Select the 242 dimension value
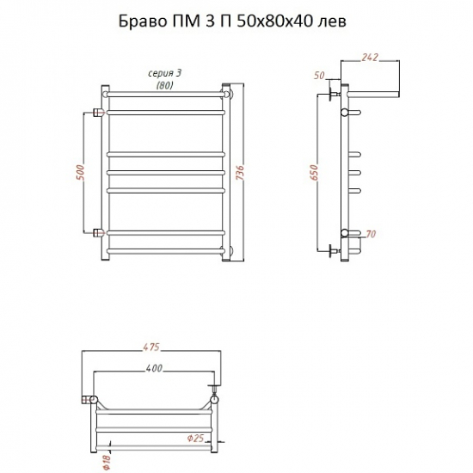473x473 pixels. pyautogui.click(x=370, y=58)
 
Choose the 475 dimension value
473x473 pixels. pyautogui.click(x=151, y=348)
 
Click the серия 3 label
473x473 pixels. pyautogui.click(x=163, y=75)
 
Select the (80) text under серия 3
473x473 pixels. pyautogui.click(x=163, y=86)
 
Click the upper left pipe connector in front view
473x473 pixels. pyautogui.click(x=97, y=112)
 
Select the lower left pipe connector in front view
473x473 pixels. pyautogui.click(x=97, y=232)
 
